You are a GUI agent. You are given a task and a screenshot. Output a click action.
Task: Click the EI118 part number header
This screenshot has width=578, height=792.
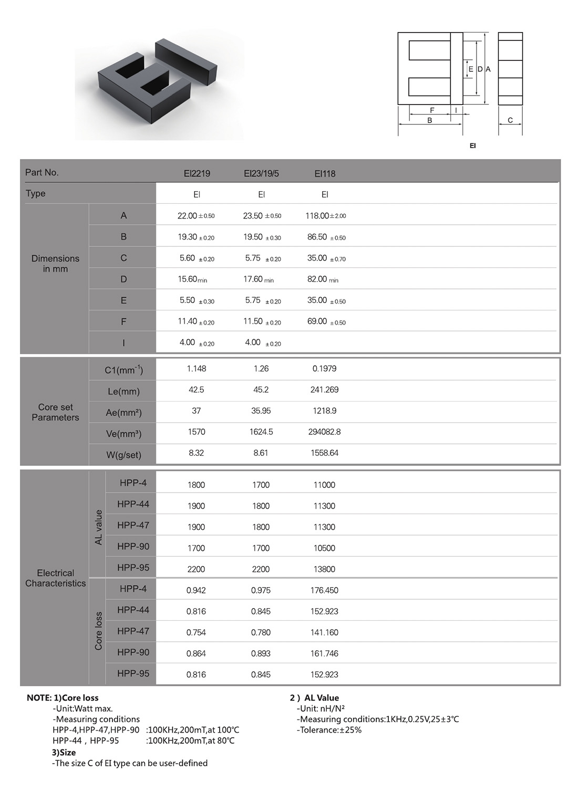(325, 173)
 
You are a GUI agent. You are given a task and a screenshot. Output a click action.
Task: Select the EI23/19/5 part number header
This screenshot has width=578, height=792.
(261, 173)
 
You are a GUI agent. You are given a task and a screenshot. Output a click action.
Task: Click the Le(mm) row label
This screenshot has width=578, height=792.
(123, 391)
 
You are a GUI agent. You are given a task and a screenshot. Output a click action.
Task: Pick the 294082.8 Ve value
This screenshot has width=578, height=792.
(324, 432)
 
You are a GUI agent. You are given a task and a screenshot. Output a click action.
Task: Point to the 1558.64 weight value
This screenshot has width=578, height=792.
(324, 453)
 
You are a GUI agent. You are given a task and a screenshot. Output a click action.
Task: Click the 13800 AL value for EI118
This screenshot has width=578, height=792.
(324, 569)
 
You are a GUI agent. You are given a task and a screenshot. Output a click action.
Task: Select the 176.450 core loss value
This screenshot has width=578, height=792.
(324, 590)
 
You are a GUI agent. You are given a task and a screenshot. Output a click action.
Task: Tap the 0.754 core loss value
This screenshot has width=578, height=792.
(196, 632)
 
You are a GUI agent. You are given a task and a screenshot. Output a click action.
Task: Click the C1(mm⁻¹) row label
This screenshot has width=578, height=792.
(123, 370)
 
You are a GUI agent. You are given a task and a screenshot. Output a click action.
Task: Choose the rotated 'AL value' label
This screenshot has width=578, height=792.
(98, 527)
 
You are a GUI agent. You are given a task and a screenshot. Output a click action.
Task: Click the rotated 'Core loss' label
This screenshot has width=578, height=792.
(98, 631)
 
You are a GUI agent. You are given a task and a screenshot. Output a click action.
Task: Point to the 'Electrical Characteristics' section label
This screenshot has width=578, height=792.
(55, 578)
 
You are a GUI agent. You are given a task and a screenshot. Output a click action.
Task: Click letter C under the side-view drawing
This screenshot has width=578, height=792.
(510, 120)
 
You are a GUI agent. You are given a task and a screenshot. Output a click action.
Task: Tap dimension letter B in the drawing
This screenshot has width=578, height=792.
(429, 120)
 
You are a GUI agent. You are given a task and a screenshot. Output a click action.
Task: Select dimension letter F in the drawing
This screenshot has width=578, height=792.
(432, 110)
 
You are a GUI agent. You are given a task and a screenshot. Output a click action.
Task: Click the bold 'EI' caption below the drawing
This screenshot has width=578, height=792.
(472, 145)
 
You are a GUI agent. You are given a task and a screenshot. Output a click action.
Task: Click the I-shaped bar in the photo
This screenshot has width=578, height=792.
(187, 61)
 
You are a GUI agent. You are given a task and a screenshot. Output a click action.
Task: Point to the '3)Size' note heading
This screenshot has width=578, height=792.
(64, 753)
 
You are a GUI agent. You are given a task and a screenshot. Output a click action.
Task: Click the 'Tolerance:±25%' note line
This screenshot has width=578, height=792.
(329, 730)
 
